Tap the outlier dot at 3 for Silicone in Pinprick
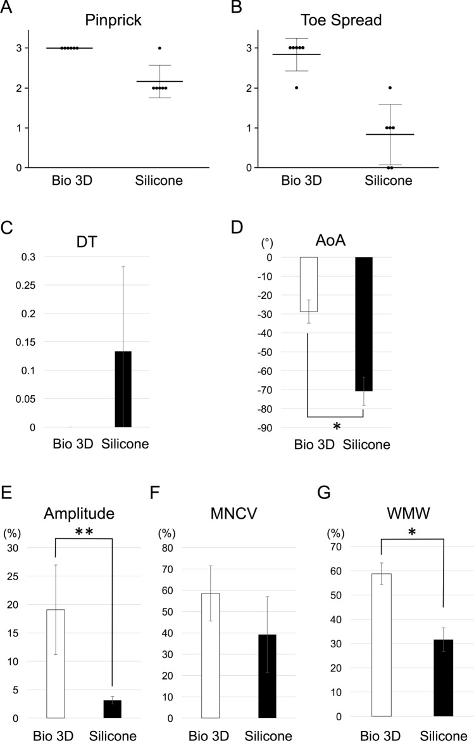(x=159, y=48)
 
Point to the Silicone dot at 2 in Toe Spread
(x=390, y=88)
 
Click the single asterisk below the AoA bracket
(x=337, y=427)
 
